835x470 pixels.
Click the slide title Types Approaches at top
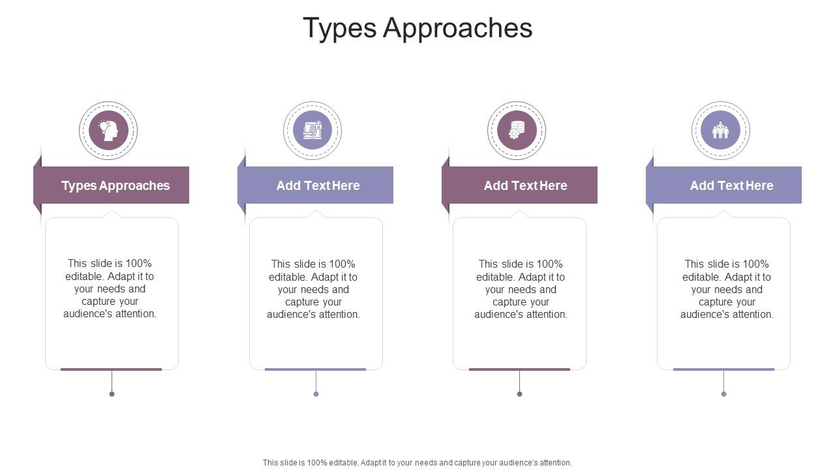click(417, 28)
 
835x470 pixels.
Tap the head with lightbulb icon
click(108, 130)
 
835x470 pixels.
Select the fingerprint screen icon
click(312, 130)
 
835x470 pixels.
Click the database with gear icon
click(517, 130)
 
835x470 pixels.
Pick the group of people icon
click(720, 130)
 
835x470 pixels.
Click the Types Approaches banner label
click(115, 185)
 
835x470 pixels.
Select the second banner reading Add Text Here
click(318, 185)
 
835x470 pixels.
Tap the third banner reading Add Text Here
click(525, 185)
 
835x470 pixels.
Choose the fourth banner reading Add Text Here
click(731, 185)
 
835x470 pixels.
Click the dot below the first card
click(112, 394)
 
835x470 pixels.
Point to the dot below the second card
click(316, 394)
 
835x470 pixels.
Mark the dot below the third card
click(519, 394)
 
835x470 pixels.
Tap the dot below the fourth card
click(723, 394)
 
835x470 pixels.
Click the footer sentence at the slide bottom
click(417, 462)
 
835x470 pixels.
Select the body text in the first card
click(110, 289)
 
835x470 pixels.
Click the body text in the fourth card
click(727, 289)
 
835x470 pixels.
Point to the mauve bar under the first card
click(111, 369)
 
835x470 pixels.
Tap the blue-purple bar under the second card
click(315, 369)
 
